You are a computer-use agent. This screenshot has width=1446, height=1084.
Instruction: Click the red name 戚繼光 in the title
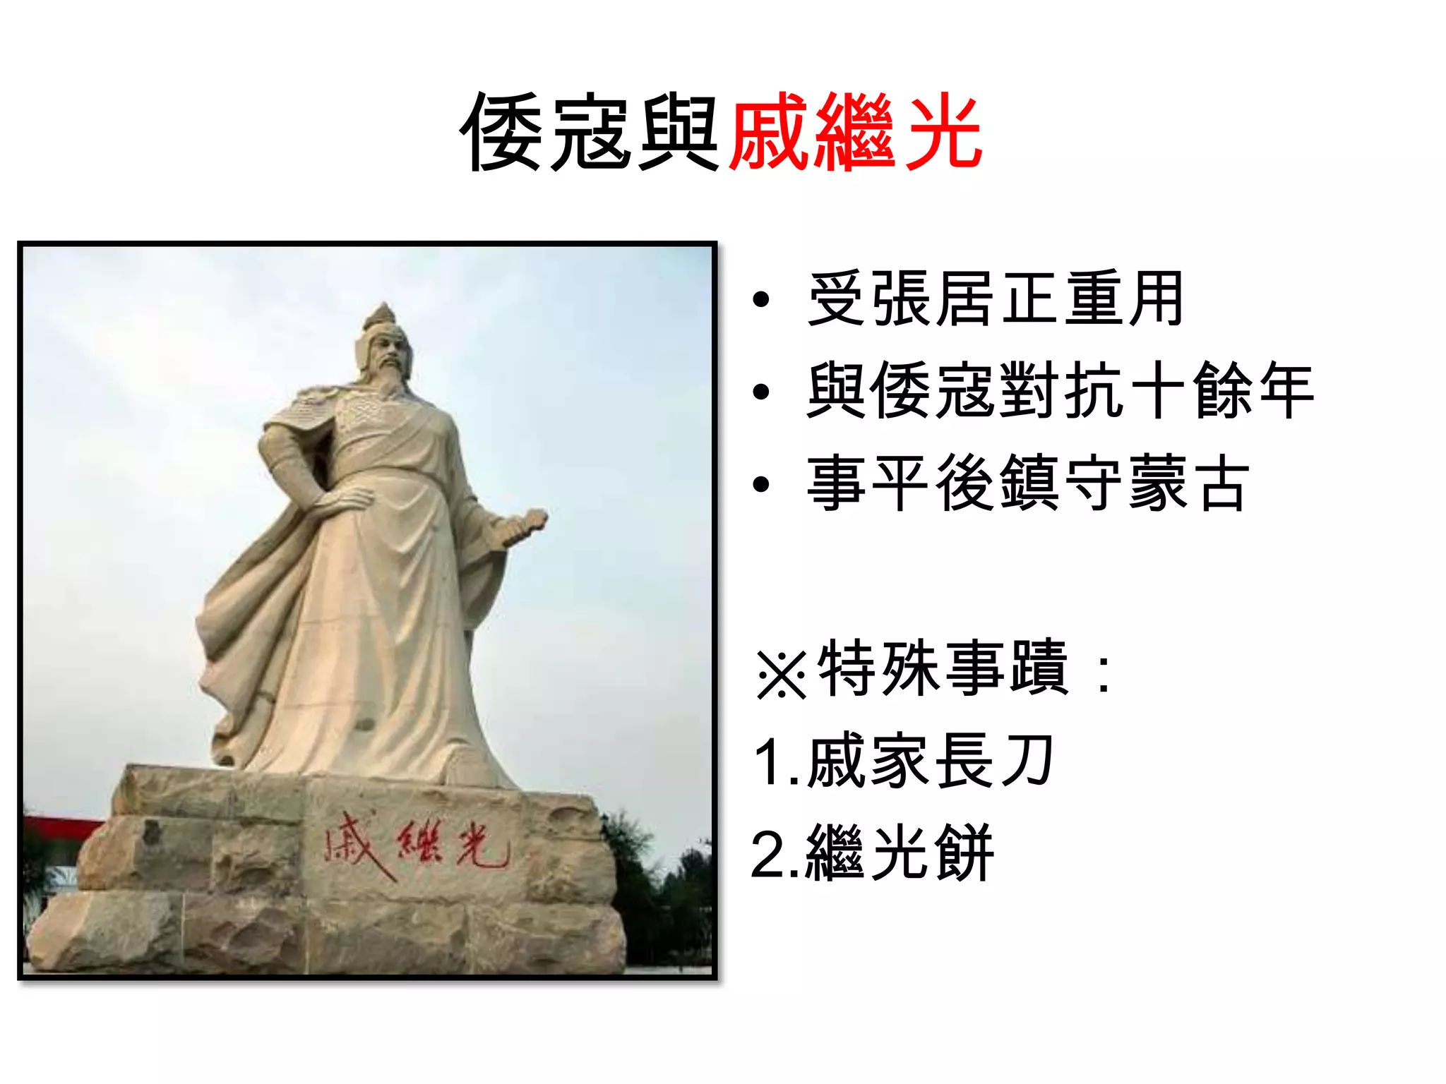pos(855,133)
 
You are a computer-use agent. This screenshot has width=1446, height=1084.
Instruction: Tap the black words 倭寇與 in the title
pos(590,133)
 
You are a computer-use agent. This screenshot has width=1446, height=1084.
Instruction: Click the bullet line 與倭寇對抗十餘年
pos(1059,390)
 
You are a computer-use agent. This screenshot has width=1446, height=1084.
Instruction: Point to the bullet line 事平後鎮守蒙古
pos(1027,483)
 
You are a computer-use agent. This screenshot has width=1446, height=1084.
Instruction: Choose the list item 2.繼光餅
pos(872,853)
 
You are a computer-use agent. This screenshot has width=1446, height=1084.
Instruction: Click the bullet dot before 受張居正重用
pos(760,300)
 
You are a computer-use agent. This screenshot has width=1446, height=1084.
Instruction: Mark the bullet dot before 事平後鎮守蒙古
pos(760,484)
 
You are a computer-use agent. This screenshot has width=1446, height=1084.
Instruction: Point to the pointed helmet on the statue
pos(381,321)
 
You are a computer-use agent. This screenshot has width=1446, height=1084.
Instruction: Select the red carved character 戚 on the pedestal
pos(353,843)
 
